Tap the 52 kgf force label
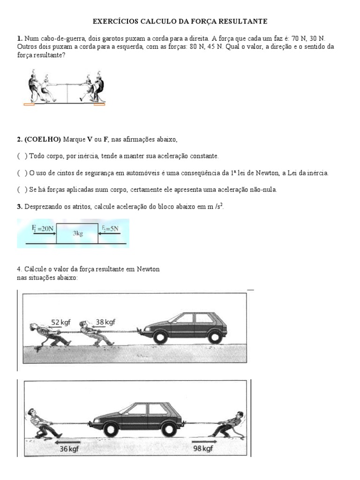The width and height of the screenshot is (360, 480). point(62,322)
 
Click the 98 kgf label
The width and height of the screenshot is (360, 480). point(203,448)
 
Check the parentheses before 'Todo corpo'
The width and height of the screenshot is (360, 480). point(22,156)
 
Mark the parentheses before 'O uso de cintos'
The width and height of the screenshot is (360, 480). point(22,172)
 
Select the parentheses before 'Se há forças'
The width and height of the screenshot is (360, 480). point(22,189)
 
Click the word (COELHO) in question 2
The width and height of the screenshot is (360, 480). point(43,139)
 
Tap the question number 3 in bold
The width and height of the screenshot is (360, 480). point(19,206)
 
